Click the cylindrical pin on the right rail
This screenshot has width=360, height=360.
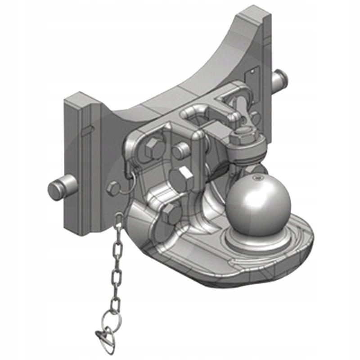pos(281,80)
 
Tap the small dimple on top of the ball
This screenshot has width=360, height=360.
pos(257,179)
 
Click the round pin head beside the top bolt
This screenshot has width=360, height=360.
pos(180,151)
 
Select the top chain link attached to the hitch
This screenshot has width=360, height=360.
pos(119,220)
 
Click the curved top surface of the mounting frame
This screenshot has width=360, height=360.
pos(180,85)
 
